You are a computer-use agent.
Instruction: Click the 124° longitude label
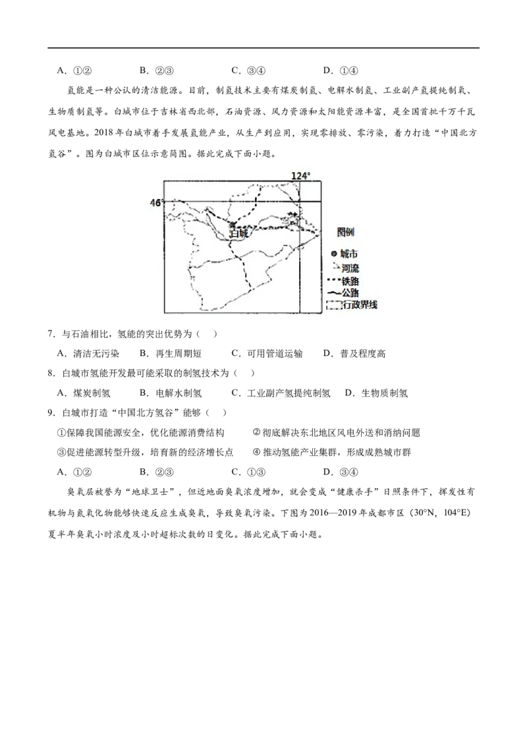pos(300,175)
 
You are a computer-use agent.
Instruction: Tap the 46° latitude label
pos(156,203)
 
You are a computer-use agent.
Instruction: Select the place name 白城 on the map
pos(239,233)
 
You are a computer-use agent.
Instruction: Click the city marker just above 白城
pos(231,225)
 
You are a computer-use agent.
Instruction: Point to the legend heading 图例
pos(346,232)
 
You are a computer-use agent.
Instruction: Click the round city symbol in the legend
pos(334,254)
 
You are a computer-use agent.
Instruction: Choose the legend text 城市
pos(349,254)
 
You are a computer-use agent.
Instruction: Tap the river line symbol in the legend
pos(334,267)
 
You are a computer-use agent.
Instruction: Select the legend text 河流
pos(350,268)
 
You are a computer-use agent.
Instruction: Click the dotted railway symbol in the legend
pos(333,280)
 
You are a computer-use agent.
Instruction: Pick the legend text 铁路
pos(350,280)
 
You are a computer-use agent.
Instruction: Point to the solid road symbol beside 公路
pos(333,293)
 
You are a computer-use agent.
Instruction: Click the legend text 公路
pos(350,293)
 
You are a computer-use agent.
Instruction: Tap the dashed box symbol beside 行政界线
pos(334,305)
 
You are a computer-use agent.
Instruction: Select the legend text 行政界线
pos(360,305)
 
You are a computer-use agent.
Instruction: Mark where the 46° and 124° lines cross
pos(300,201)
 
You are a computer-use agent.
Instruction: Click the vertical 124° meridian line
pos(300,277)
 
